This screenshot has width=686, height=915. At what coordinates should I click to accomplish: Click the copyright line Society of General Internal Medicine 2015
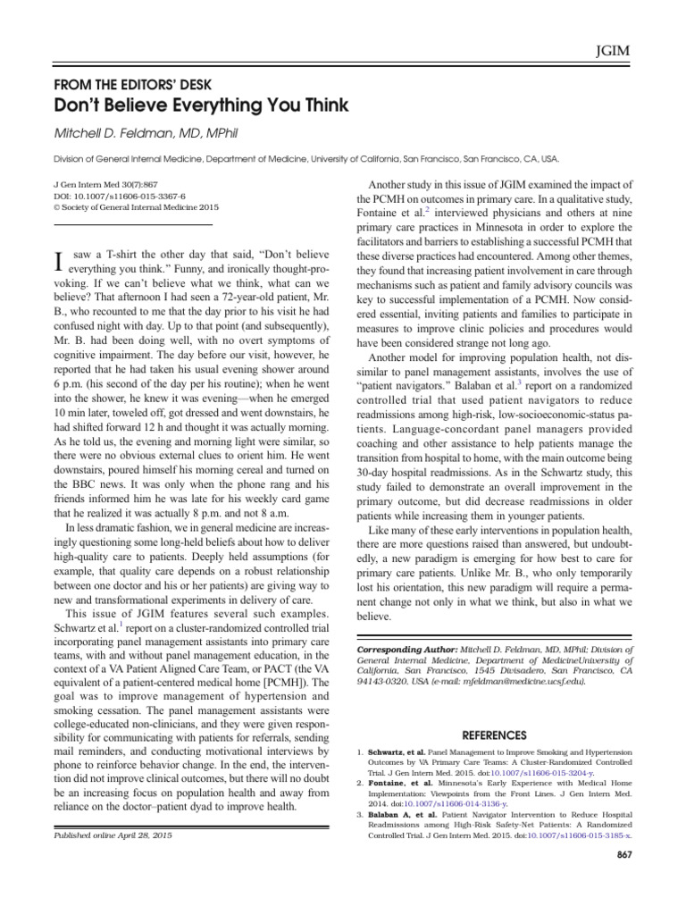click(x=137, y=206)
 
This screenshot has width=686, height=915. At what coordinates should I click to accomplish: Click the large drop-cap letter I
click(x=60, y=262)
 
